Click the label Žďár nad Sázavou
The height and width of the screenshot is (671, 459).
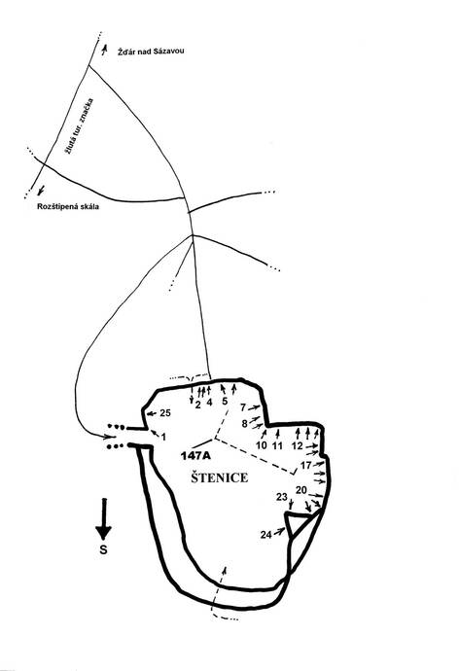pos(151,52)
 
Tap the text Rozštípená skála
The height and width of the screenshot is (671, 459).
pos(68,206)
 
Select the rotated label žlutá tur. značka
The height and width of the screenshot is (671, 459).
pos(79,126)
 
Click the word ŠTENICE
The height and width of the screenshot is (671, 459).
pos(220,477)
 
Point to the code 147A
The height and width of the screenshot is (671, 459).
pos(195,456)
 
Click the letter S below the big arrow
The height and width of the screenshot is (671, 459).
pos(103,549)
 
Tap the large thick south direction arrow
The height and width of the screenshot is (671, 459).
pos(103,518)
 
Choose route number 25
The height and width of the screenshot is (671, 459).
pos(165,413)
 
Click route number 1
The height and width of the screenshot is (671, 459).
pos(163,437)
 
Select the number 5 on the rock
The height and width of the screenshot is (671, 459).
pos(225,402)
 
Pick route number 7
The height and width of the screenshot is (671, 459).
pos(243,407)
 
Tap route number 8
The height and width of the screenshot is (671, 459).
pos(245,424)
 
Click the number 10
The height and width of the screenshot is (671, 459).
pos(262,445)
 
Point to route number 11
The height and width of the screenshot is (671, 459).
pos(277,445)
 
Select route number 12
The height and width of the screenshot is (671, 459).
pos(298,445)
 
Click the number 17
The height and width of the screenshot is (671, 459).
pos(306,465)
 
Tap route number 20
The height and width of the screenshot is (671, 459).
pos(301,490)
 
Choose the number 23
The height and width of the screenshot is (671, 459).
pos(281,497)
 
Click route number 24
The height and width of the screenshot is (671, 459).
pos(266,535)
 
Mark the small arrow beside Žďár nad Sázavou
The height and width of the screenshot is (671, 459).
pos(104,49)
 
